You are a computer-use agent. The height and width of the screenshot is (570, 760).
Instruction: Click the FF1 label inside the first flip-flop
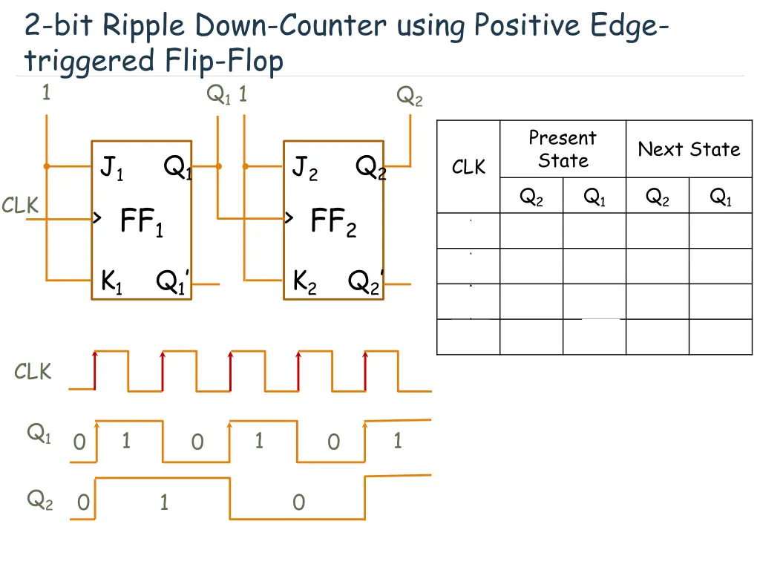pos(141,221)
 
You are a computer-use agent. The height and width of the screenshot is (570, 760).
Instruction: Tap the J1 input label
pos(111,170)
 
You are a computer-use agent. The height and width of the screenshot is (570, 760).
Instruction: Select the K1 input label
pos(111,282)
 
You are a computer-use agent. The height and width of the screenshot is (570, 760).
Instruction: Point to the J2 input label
pos(304,170)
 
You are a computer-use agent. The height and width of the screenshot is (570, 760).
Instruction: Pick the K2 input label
pos(304,282)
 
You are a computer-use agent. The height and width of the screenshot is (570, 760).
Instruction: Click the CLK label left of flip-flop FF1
pos(20,206)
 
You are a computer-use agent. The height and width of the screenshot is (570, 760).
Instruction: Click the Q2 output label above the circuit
pos(409,96)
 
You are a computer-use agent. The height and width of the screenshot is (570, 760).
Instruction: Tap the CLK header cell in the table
pos(468,168)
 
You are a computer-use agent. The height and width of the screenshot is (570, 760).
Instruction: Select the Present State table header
pos(563,149)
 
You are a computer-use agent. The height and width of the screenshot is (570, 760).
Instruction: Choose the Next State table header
pos(689,149)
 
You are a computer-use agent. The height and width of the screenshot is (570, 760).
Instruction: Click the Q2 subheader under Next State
pos(658,197)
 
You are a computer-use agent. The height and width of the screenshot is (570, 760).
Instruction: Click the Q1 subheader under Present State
pos(594,197)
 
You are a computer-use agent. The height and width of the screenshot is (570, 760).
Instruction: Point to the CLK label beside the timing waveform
pos(33,372)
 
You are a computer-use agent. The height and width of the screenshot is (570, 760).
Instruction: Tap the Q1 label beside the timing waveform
pos(39,433)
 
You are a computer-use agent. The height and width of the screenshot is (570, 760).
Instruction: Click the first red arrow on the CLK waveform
pos(95,369)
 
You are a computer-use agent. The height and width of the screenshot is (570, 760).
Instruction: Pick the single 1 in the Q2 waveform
pos(164,502)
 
